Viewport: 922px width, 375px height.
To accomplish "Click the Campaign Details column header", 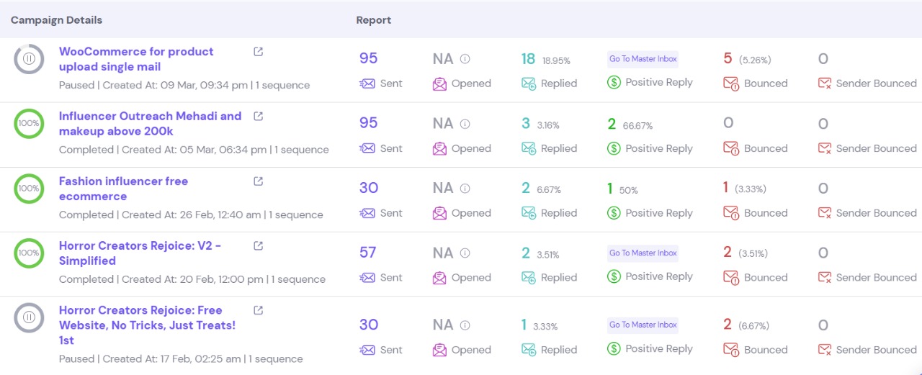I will click(x=56, y=20).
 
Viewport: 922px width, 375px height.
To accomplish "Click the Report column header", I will click(x=373, y=20).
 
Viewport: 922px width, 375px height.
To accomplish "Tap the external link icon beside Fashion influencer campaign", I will click(x=259, y=181).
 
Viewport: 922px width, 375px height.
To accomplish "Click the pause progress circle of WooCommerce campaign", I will click(x=29, y=58).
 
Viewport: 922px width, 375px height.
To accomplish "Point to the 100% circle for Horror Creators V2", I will click(x=29, y=253).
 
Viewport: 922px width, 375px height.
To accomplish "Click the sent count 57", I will click(x=368, y=253).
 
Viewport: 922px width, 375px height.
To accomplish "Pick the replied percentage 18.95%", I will click(x=556, y=60).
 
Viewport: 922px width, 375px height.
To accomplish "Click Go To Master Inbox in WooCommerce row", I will click(x=643, y=59).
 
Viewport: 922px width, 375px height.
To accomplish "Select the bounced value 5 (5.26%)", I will click(x=746, y=59).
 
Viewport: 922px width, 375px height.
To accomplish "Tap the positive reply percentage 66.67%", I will click(x=637, y=125).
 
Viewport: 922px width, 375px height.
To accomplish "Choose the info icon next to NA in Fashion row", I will click(x=465, y=189).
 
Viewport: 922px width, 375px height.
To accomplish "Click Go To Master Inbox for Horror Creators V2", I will click(x=643, y=253).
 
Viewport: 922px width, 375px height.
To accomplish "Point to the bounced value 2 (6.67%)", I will click(x=746, y=325).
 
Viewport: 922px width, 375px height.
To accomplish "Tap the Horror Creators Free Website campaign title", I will click(x=147, y=325).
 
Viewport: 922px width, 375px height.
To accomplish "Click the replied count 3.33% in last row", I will click(x=545, y=327).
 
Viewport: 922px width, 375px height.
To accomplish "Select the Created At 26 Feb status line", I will click(x=191, y=214).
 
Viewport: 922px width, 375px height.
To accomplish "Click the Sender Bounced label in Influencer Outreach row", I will click(x=876, y=148).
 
